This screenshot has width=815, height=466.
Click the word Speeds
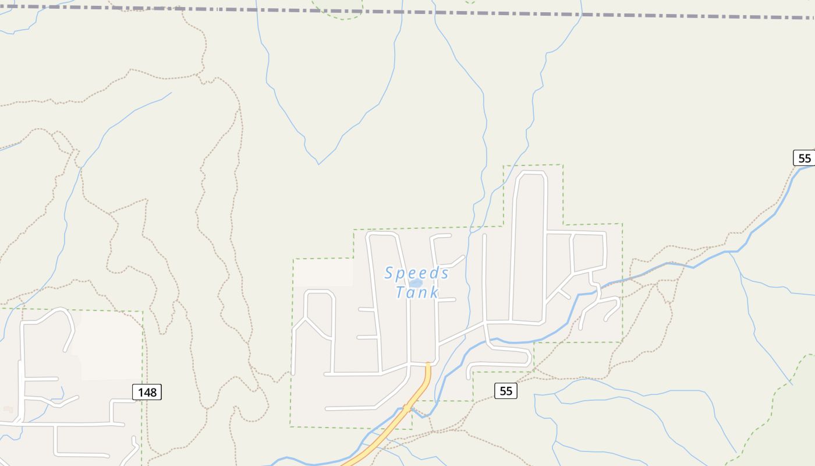[x=417, y=273]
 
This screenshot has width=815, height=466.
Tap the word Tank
[x=417, y=292]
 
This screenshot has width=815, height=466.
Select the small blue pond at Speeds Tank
[x=416, y=283]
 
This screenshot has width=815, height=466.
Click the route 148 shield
[x=147, y=392]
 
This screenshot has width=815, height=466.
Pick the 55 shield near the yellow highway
[x=506, y=391]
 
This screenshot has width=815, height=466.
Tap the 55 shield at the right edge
[x=804, y=158]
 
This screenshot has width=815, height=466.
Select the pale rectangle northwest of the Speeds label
[x=323, y=272]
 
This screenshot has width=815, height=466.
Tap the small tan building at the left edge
[x=8, y=409]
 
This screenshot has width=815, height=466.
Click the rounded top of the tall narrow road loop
[x=530, y=174]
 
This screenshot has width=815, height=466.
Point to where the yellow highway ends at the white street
[x=428, y=364]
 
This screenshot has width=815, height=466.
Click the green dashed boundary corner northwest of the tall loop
[x=504, y=167]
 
